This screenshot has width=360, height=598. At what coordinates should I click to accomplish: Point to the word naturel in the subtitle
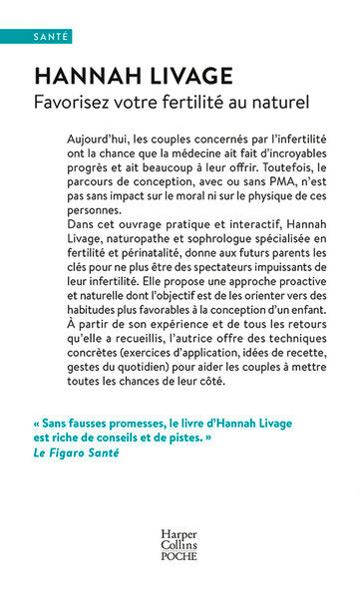coord(284,102)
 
